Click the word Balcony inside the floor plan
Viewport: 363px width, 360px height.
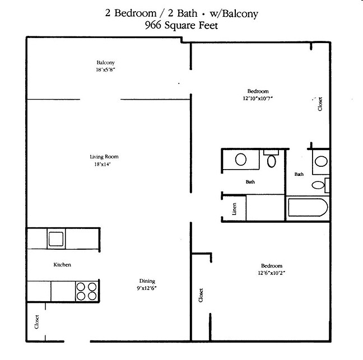[x=105, y=63]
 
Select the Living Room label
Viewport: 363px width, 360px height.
[x=104, y=157]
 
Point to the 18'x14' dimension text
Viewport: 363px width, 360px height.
[x=104, y=165]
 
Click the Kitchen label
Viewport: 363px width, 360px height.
[x=62, y=264]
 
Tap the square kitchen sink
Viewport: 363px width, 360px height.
[x=56, y=238]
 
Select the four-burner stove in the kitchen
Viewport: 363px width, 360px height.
[x=86, y=292]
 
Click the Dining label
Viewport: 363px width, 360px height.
[x=147, y=281]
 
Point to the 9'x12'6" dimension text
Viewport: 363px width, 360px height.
[x=147, y=288]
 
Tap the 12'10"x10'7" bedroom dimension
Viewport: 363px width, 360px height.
[x=258, y=98]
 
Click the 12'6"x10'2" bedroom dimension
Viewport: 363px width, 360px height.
[x=271, y=273]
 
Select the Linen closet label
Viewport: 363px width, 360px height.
[x=234, y=208]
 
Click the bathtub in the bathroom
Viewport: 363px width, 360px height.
[x=306, y=209]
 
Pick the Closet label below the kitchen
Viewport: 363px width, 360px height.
[x=38, y=323]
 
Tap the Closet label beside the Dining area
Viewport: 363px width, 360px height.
[x=201, y=295]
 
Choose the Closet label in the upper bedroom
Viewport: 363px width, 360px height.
[x=320, y=104]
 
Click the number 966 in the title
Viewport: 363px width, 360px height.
[x=152, y=25]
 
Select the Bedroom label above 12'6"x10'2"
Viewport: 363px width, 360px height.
[x=271, y=266]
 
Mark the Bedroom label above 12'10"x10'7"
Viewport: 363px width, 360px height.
[x=258, y=91]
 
